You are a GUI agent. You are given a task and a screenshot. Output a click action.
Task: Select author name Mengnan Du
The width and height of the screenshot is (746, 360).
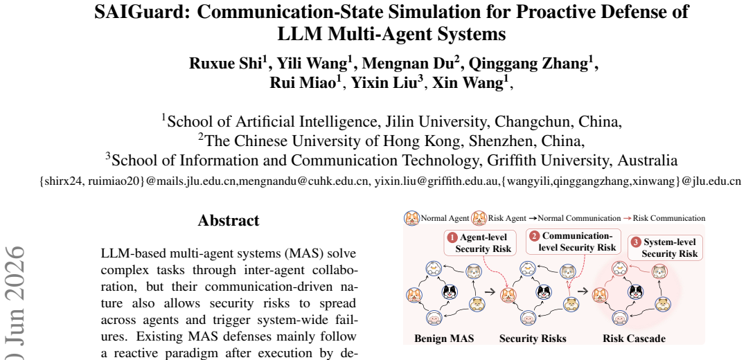[416, 62]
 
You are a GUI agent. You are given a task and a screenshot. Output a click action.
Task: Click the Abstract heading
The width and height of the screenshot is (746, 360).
[229, 220]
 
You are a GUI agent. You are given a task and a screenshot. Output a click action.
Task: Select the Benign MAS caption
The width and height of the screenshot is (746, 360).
[445, 339]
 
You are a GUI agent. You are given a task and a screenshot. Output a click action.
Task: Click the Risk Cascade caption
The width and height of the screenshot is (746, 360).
[634, 339]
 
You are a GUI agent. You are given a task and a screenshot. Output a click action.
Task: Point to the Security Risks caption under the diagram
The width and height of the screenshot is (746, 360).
[533, 339]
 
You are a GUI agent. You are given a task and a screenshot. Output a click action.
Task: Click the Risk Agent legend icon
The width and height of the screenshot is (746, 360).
[479, 218]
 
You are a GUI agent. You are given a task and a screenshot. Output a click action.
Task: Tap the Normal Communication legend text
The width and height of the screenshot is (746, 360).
[579, 218]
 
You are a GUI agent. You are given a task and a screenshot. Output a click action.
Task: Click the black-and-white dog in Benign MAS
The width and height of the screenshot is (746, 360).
[449, 291]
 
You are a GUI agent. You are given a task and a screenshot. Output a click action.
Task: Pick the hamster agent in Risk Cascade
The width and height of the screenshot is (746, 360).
[662, 304]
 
